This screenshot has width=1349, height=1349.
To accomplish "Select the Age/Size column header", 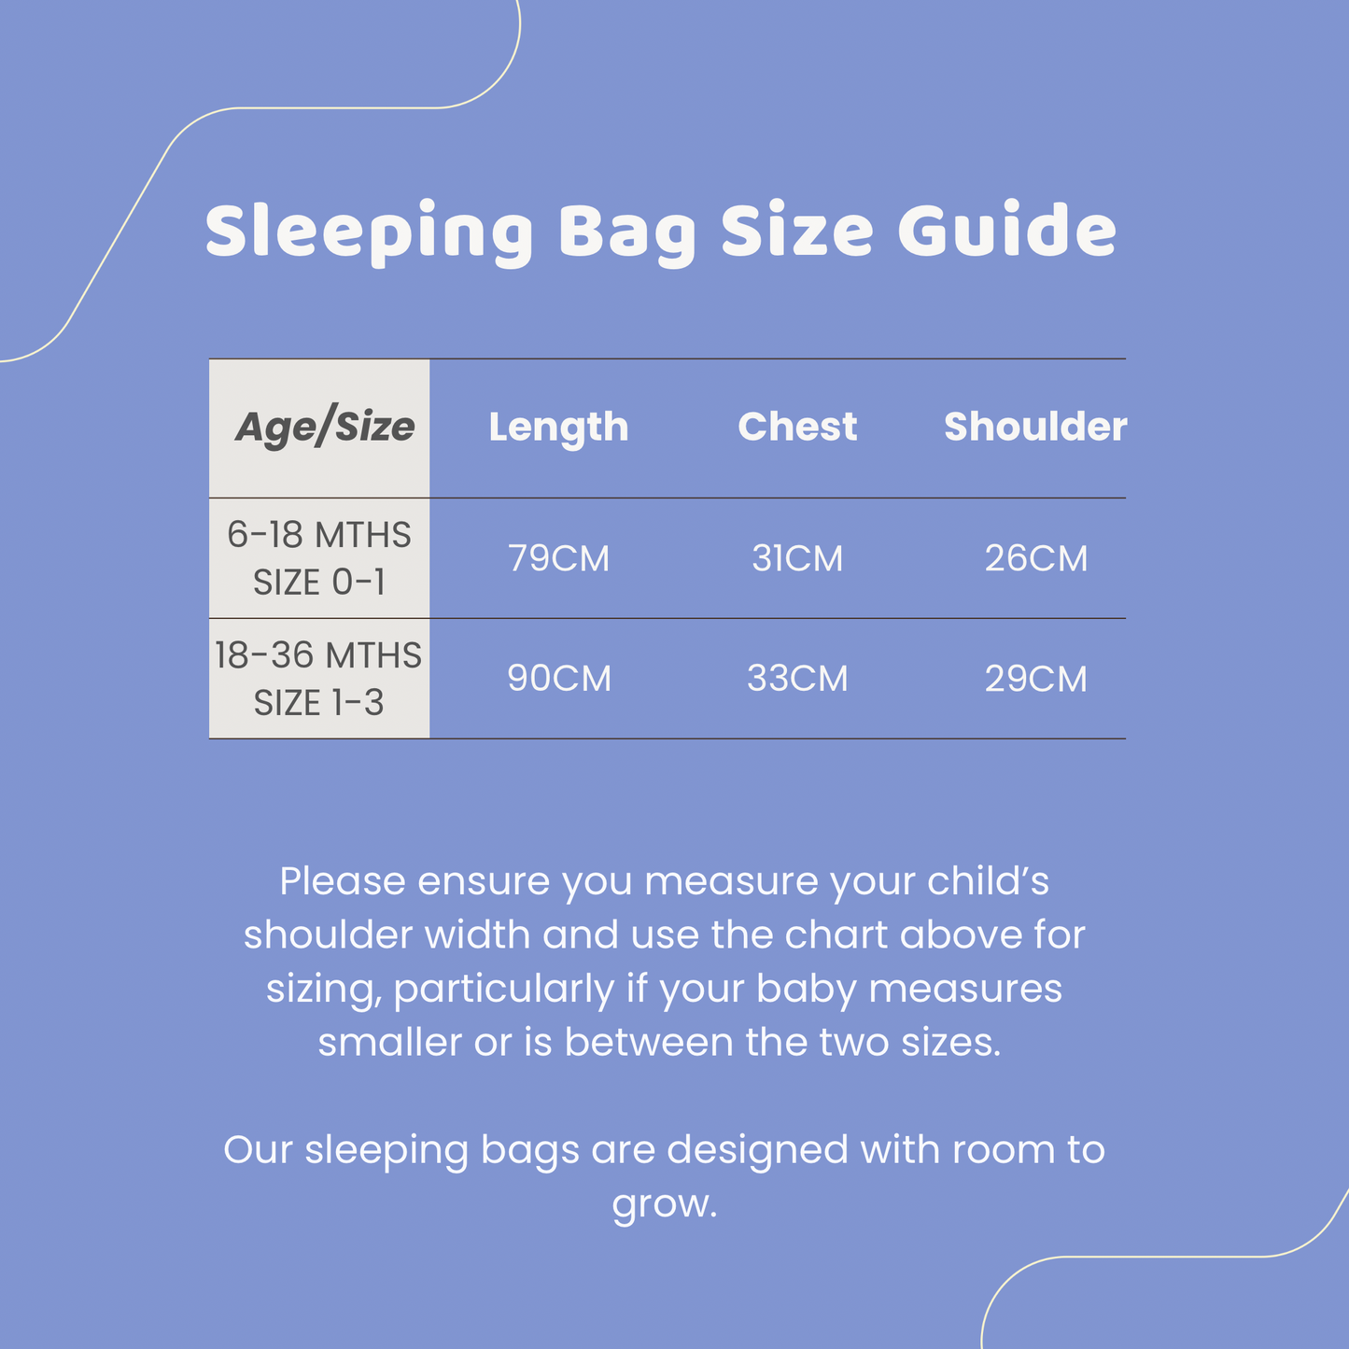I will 324,428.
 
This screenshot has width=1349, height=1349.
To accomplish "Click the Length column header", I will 558,428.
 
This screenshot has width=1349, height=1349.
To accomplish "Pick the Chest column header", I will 797,427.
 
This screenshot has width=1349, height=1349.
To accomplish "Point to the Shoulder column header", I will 1035,427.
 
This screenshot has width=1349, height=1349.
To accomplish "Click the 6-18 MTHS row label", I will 319,535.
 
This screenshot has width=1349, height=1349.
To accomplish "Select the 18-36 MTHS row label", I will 318,655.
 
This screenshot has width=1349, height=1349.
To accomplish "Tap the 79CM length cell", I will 558,558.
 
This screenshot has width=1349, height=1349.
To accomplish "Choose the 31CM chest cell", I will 797,558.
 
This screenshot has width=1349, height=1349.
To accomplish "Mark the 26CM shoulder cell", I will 1036,558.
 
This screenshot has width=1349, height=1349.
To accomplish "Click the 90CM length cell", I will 558,679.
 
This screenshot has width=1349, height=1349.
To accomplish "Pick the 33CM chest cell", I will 797,679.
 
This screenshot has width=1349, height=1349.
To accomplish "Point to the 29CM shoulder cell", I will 1036,679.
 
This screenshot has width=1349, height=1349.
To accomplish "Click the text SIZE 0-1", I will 319,583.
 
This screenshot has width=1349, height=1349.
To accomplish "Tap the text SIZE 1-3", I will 319,703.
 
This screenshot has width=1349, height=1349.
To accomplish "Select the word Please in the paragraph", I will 343,881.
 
